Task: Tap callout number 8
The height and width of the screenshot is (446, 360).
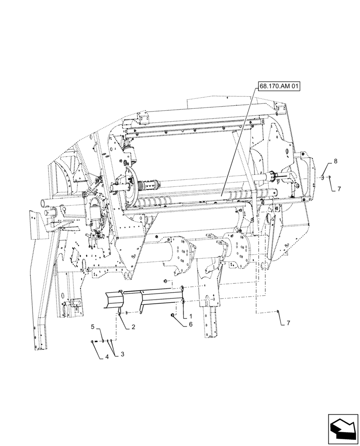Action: coord(335,161)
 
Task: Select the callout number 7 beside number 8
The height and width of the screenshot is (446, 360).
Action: coord(339,189)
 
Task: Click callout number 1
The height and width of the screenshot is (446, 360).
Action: coord(190,315)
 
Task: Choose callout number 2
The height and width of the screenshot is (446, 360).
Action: coord(133,326)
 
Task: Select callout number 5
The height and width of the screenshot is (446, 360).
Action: coord(93,326)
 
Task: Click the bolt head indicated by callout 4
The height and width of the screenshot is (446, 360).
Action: coord(92,342)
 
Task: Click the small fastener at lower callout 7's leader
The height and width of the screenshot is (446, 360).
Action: coord(278,311)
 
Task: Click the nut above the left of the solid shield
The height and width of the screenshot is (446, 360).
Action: coord(165,281)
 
